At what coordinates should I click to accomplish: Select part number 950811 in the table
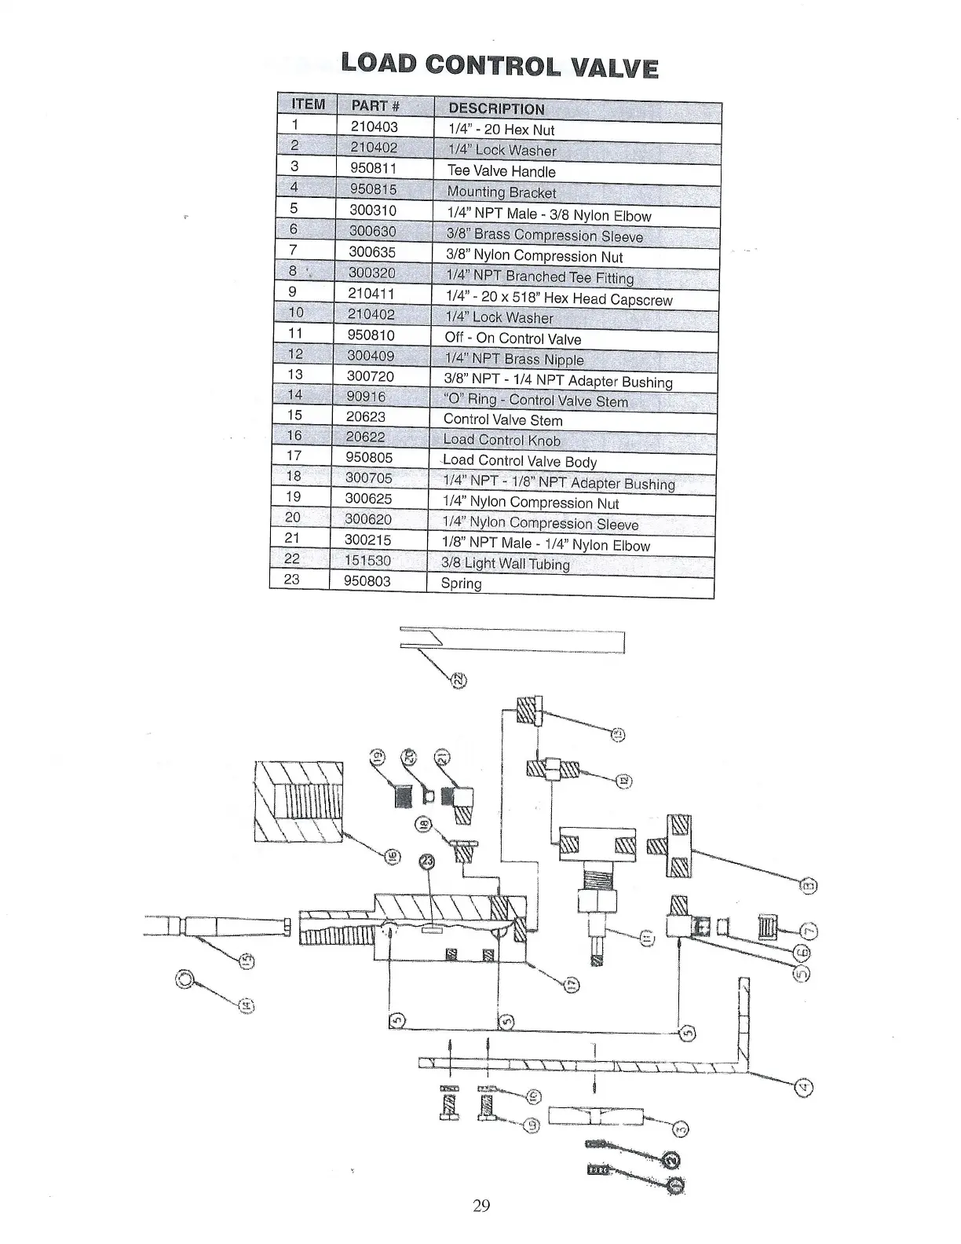click(373, 168)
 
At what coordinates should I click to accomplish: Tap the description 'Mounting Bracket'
click(501, 192)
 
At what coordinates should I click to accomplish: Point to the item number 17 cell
click(295, 456)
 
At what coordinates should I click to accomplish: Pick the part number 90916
click(366, 397)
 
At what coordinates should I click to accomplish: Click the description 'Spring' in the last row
click(461, 584)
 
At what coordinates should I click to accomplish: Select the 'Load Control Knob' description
click(502, 441)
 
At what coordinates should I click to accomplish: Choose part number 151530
click(367, 561)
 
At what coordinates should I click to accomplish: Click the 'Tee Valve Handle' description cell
click(501, 171)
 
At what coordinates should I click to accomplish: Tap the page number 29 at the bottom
click(481, 1206)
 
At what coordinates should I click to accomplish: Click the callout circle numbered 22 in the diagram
click(458, 679)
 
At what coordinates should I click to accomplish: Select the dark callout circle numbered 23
click(427, 862)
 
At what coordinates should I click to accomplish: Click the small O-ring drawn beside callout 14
click(185, 979)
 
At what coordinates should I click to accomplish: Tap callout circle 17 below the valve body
click(572, 984)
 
